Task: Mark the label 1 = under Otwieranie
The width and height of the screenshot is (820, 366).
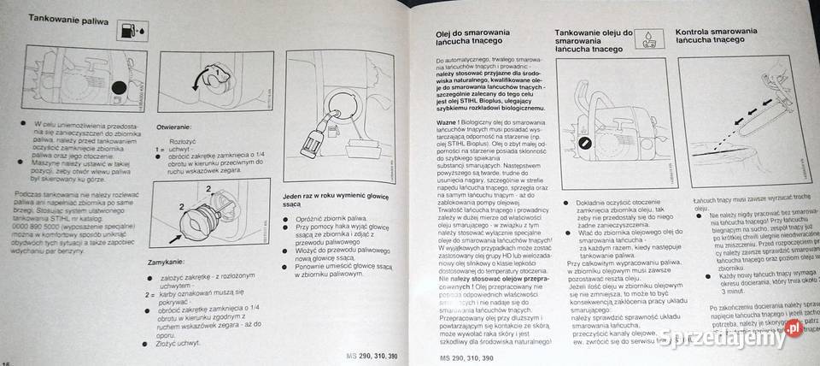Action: tap(158, 150)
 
